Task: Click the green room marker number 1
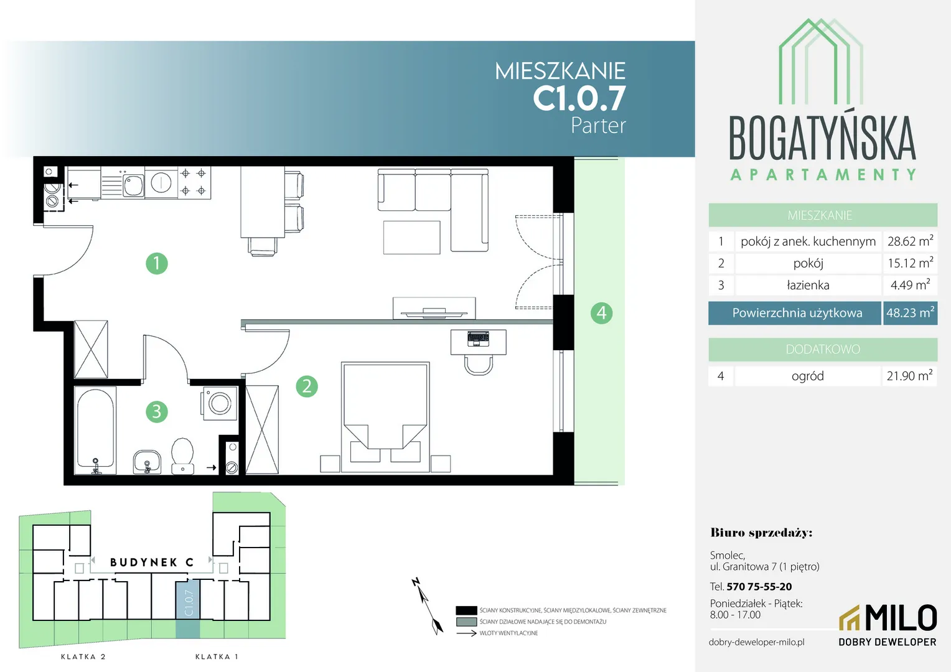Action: [x=157, y=263]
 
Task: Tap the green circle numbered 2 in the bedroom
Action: [x=307, y=386]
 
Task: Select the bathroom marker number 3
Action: [x=157, y=411]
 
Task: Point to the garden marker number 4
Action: [x=602, y=313]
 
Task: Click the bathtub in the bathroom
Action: [x=95, y=431]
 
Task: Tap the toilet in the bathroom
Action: [x=182, y=456]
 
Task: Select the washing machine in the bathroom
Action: [x=220, y=403]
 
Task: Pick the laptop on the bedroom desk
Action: [x=477, y=338]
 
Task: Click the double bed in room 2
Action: [x=385, y=417]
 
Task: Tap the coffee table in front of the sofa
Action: [x=412, y=237]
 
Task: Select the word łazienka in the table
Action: [x=808, y=285]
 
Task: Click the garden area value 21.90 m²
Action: [x=909, y=376]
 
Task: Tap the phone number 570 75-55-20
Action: [x=759, y=586]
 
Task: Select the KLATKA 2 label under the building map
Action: [x=83, y=656]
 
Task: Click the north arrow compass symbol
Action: [x=428, y=606]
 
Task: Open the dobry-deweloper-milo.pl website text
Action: [x=757, y=642]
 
